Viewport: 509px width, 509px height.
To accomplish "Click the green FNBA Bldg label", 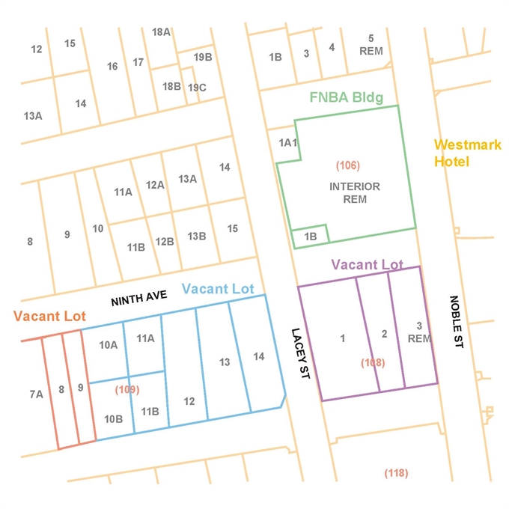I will click(x=346, y=98).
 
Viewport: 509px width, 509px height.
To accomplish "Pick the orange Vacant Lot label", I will click(x=49, y=316).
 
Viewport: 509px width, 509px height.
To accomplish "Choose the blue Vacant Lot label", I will click(x=218, y=289).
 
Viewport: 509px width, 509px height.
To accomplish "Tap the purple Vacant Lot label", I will click(x=367, y=264).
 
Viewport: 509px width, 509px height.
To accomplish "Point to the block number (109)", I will click(x=127, y=389).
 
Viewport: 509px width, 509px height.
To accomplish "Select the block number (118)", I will click(x=396, y=472).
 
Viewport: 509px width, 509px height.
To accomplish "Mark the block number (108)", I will click(x=373, y=363).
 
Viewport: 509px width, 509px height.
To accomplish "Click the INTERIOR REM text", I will click(x=355, y=192).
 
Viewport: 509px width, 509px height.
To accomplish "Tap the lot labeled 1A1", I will click(x=288, y=142).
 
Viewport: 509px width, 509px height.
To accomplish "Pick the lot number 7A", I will click(x=36, y=393).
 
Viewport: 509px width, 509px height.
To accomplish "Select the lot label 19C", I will click(x=197, y=88).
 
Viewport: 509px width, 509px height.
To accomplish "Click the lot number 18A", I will click(x=161, y=32).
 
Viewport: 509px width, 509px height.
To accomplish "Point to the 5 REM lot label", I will click(x=371, y=45).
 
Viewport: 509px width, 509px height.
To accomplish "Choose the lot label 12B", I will click(x=165, y=241).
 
